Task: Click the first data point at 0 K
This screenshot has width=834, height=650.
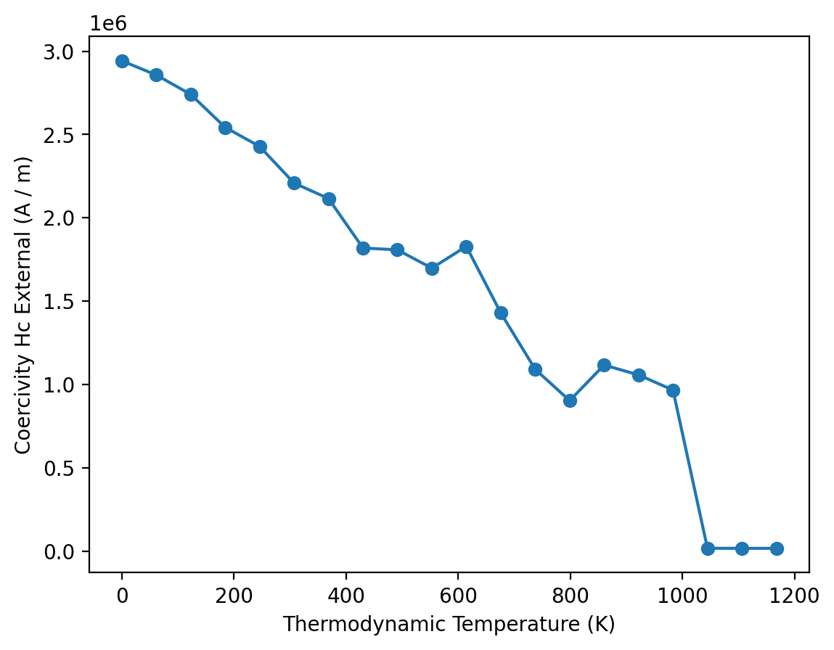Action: tap(122, 61)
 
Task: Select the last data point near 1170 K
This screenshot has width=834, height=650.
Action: tap(777, 548)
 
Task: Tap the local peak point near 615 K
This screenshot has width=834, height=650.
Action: tap(466, 247)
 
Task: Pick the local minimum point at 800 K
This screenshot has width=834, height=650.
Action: tap(570, 400)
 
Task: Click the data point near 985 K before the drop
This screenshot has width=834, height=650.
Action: tap(673, 390)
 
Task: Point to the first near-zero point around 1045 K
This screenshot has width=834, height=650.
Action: tap(708, 548)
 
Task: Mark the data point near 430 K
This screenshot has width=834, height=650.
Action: tap(363, 248)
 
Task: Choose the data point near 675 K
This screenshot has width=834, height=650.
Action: tap(501, 313)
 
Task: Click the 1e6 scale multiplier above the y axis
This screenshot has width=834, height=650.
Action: tap(108, 23)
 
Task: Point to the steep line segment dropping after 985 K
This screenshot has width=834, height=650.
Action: tap(690, 469)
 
